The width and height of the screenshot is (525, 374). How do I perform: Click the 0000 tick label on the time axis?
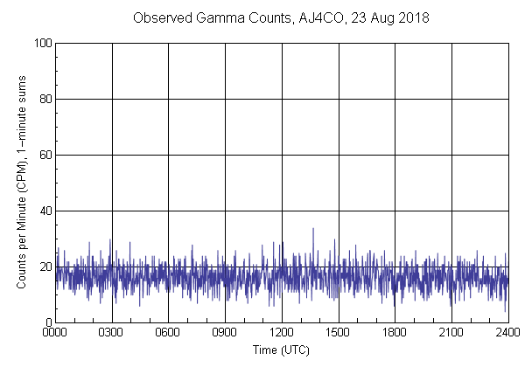pyautogui.click(x=55, y=333)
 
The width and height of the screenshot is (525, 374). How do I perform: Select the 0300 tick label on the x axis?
pyautogui.click(x=112, y=333)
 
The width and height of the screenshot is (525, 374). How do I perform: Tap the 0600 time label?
pyautogui.click(x=168, y=333)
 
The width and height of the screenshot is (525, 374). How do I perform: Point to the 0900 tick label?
pyautogui.click(x=225, y=333)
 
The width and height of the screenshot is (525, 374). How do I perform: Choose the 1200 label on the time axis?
pyautogui.click(x=282, y=333)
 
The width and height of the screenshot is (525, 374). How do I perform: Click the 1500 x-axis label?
pyautogui.click(x=339, y=333)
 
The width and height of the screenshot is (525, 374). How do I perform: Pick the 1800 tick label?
pyautogui.click(x=395, y=333)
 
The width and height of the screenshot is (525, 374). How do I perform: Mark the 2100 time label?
pyautogui.click(x=451, y=333)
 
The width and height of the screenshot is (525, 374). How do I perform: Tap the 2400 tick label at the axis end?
pyautogui.click(x=507, y=333)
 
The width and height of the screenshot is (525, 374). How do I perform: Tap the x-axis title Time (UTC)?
pyautogui.click(x=281, y=350)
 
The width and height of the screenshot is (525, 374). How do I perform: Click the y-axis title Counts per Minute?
pyautogui.click(x=23, y=182)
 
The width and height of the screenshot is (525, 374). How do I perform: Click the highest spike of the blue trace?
pyautogui.click(x=313, y=229)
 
